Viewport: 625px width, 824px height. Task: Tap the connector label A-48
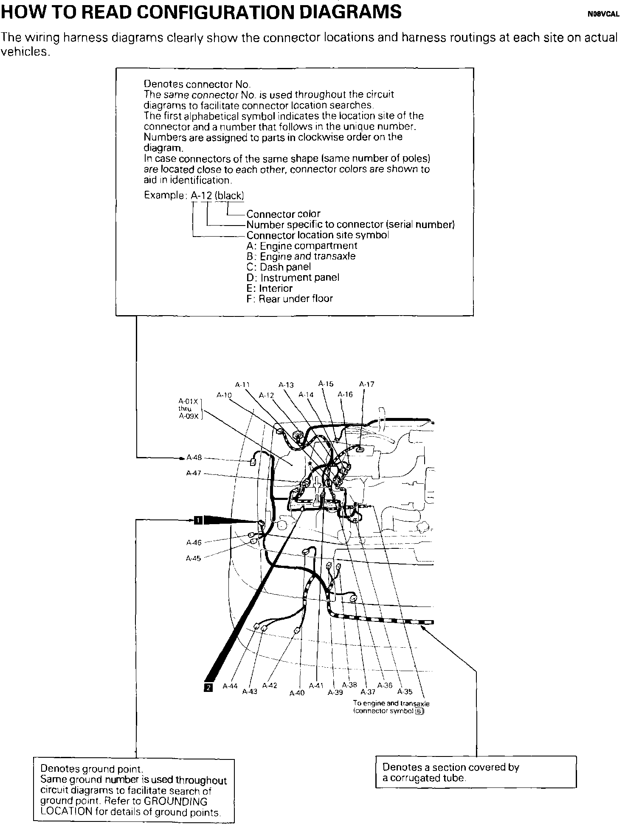[194, 457]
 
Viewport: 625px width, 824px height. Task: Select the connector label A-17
[367, 384]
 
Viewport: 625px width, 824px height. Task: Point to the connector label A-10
[224, 395]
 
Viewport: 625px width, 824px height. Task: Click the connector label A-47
[194, 473]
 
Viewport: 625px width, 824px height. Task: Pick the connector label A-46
[194, 542]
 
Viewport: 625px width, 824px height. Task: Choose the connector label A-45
[193, 559]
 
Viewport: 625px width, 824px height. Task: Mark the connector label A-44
[230, 686]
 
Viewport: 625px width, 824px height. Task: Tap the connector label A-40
[297, 693]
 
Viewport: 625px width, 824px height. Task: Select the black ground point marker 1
[198, 519]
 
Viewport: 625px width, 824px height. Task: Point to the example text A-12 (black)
[217, 195]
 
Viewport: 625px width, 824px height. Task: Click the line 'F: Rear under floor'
[290, 299]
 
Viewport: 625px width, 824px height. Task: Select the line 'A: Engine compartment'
[301, 246]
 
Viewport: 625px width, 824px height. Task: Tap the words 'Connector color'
[283, 214]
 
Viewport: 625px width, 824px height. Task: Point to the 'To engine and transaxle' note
[391, 703]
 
